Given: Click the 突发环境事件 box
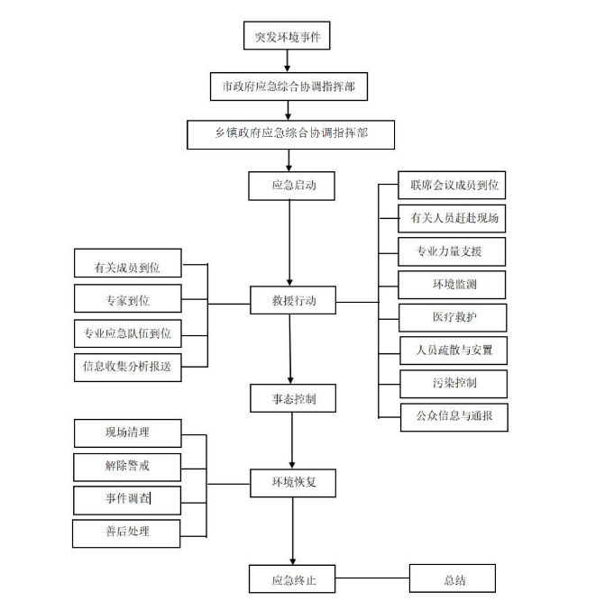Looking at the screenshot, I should coord(287,37).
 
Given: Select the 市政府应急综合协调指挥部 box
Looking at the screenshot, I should coord(289,87).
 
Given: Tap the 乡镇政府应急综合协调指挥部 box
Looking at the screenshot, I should coord(290,133).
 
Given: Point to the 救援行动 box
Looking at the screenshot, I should coord(294,301).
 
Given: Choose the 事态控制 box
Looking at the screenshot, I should coord(293,397).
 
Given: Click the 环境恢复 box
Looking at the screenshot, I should coord(293,482).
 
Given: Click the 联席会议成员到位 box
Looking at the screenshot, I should coord(454,186).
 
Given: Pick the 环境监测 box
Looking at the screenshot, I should coord(454,285).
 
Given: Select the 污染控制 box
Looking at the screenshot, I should coord(454,383).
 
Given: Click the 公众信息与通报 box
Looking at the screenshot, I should coord(454,416).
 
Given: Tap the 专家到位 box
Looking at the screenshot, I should coord(127,300).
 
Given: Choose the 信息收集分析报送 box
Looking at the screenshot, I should coord(127,366).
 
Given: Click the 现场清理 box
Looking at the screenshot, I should coord(127,433).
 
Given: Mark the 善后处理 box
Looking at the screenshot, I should coord(127,532).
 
